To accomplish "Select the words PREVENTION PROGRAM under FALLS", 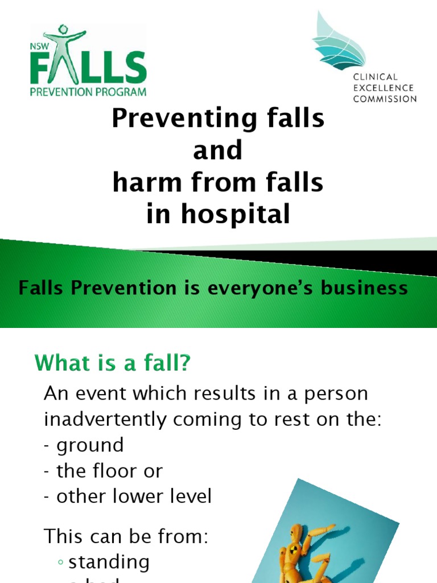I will [x=89, y=91].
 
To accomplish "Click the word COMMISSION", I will [x=385, y=98].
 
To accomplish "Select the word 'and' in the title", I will [x=218, y=151].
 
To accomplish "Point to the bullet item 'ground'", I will [x=90, y=445].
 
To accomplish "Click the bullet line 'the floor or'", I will [x=109, y=471].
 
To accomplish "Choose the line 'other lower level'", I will [x=134, y=496].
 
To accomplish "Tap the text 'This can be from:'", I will [x=126, y=536].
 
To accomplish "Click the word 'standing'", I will [x=109, y=562].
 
